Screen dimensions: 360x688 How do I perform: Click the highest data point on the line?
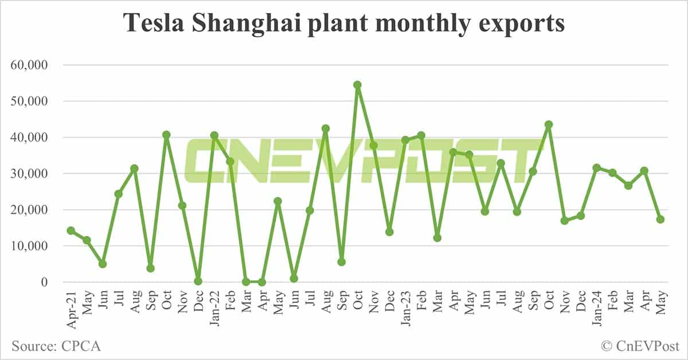(357, 85)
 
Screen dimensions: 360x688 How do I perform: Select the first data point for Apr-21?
(71, 230)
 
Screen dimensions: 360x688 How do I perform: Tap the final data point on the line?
(660, 219)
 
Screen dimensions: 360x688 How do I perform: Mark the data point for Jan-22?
(214, 135)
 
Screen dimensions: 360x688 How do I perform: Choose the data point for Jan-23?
(405, 140)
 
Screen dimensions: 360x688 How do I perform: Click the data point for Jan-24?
(596, 168)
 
